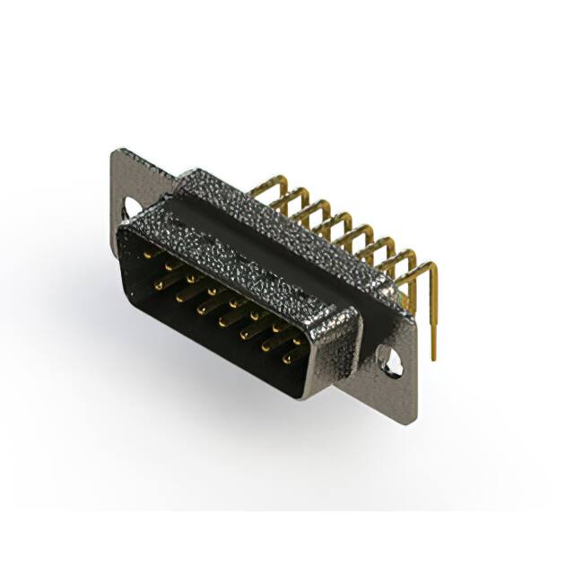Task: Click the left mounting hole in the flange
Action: tap(132, 208)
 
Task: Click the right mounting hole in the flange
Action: tap(389, 360)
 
